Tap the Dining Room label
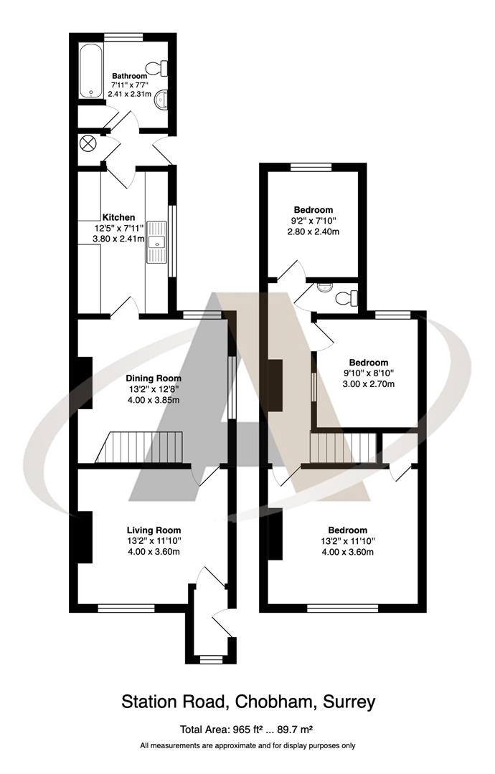click(x=154, y=378)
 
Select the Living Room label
click(x=154, y=530)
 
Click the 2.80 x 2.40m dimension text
click(x=313, y=231)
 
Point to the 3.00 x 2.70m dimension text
click(x=369, y=384)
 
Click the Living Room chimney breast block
click(x=85, y=537)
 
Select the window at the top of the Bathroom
click(x=123, y=35)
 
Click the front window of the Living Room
click(x=126, y=608)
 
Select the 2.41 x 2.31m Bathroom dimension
click(x=130, y=94)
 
